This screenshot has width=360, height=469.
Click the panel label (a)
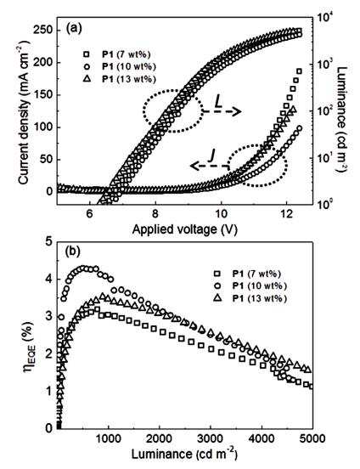[x=73, y=28]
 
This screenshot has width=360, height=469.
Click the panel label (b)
[x=73, y=251]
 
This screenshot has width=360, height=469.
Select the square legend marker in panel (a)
[x=86, y=54]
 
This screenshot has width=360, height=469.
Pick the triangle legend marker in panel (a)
[x=86, y=79]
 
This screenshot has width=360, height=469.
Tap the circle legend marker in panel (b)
[x=217, y=286]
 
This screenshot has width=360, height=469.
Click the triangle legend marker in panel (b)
[x=217, y=298]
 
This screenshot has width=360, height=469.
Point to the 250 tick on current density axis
[x=42, y=31]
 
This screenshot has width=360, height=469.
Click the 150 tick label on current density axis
[x=42, y=95]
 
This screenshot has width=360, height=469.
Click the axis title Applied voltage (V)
[x=184, y=229]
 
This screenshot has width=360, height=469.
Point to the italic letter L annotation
[x=218, y=103]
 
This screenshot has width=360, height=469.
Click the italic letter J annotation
[x=212, y=156]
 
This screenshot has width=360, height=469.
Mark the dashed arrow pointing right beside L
[x=222, y=112]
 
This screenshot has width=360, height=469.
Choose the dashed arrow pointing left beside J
[x=210, y=166]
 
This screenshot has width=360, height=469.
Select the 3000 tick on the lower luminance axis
[x=211, y=438]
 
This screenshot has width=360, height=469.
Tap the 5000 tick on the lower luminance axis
[x=312, y=438]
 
